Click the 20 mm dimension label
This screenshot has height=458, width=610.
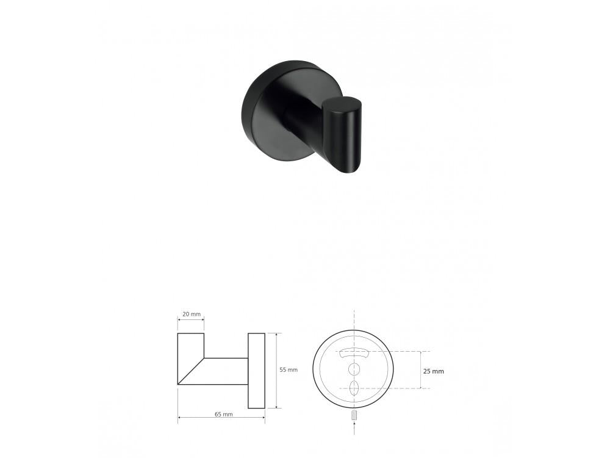pos(191,314)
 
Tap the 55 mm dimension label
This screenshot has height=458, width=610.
pos(289,370)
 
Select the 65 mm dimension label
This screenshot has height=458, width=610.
pos(224,414)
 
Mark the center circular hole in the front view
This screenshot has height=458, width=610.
pos(354,368)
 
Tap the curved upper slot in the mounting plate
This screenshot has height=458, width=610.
pos(354,352)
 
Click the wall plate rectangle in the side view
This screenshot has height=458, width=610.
pos(256,370)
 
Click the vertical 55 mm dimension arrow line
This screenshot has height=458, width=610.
pos(278,370)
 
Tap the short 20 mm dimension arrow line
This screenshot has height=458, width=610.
pos(191,320)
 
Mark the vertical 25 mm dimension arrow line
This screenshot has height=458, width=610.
pos(421,370)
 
